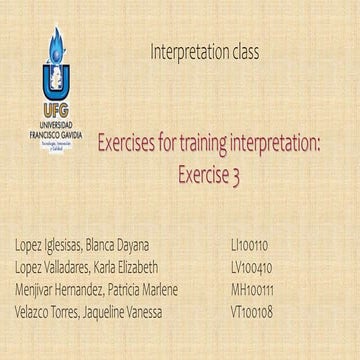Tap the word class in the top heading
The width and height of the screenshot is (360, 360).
coord(243,49)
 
